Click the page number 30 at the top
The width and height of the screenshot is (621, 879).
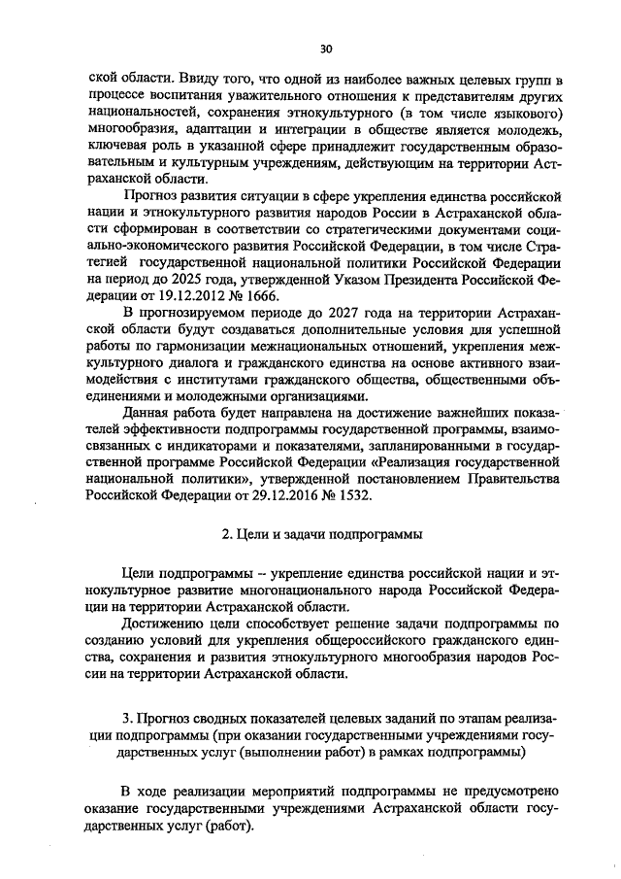coord(326,49)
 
